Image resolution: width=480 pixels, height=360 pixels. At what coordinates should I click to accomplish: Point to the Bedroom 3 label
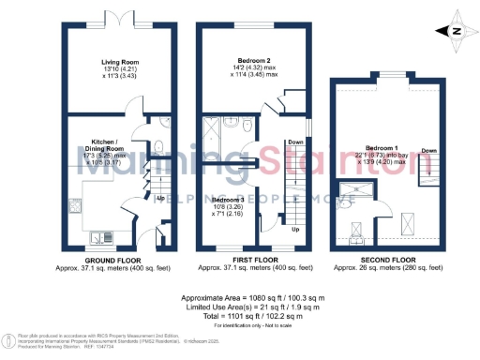coord(230,200)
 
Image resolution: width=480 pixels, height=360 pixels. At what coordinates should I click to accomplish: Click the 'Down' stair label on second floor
coord(428,150)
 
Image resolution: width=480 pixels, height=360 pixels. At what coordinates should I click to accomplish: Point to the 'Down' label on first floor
coord(294,142)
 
